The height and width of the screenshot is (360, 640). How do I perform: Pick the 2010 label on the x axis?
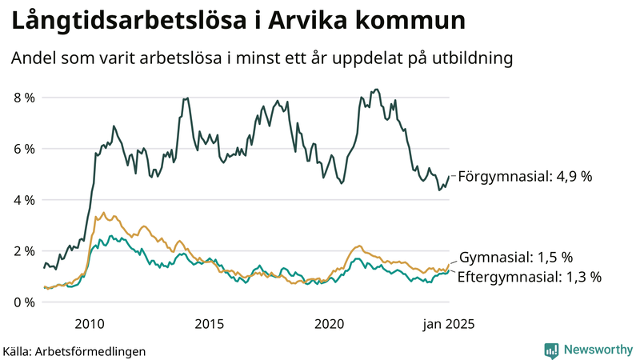pyautogui.click(x=89, y=324)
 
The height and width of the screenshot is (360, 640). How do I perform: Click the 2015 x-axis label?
pyautogui.click(x=209, y=324)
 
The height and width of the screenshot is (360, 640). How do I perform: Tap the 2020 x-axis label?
pyautogui.click(x=330, y=324)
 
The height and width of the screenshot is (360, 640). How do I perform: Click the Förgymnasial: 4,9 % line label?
pyautogui.click(x=525, y=176)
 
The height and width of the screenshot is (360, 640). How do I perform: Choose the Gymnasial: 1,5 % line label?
pyautogui.click(x=516, y=258)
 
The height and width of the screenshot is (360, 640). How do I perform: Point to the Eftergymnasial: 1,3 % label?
pyautogui.click(x=529, y=277)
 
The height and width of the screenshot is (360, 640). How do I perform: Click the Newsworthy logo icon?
pyautogui.click(x=551, y=350)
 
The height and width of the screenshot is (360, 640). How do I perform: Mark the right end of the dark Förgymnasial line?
pyautogui.click(x=450, y=176)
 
